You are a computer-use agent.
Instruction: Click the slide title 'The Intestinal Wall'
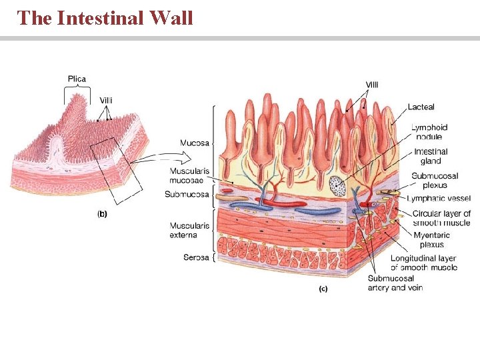click(105, 17)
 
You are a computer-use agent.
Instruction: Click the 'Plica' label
click(77, 79)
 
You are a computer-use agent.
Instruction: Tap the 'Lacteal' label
click(421, 107)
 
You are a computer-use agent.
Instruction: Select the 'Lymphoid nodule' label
click(429, 132)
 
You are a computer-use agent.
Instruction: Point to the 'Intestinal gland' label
click(431, 157)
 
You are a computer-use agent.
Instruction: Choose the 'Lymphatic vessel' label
click(439, 199)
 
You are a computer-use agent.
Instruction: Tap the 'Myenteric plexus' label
click(431, 239)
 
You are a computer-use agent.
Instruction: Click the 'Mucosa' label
click(194, 142)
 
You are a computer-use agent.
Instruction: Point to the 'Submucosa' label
click(187, 195)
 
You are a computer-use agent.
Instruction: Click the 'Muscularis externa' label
click(189, 230)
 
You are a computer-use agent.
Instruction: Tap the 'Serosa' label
click(196, 257)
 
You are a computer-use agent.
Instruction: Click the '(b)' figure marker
click(103, 214)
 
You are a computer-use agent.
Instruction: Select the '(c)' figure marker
click(323, 289)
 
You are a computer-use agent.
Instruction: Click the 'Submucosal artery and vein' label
click(395, 283)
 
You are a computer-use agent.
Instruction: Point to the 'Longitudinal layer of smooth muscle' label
click(423, 263)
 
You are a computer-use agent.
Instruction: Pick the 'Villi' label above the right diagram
click(371, 85)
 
